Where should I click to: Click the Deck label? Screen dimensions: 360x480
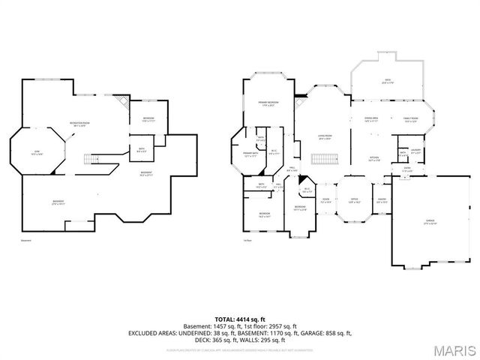388,82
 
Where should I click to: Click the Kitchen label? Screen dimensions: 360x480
373,158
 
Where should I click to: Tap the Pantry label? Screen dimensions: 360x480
382,200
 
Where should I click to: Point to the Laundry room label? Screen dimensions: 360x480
415,152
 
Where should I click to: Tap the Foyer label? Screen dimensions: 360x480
325,200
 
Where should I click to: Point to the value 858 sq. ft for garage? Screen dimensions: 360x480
337,331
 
